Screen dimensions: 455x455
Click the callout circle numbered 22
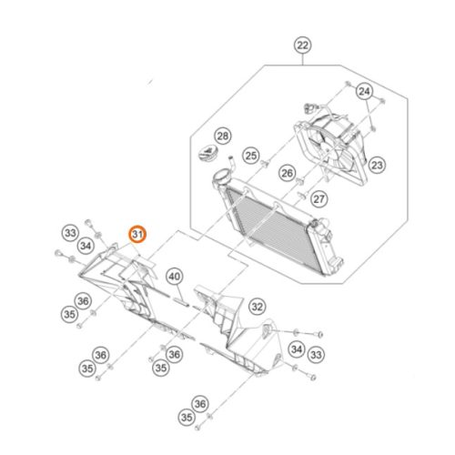click(x=303, y=45)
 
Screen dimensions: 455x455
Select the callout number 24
click(x=364, y=91)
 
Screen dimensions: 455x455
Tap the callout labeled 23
click(x=377, y=166)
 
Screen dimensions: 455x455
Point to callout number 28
click(x=223, y=136)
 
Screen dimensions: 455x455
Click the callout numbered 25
click(x=251, y=156)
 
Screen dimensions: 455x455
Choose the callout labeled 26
click(x=287, y=173)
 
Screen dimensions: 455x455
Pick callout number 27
click(x=318, y=199)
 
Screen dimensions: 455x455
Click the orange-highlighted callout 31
click(x=137, y=235)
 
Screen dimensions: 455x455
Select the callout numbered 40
click(x=175, y=277)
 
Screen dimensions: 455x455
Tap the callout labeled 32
click(x=258, y=307)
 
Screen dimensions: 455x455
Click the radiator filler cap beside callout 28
click(x=207, y=152)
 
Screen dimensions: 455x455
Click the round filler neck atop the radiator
click(x=222, y=177)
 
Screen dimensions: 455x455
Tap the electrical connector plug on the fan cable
click(x=309, y=107)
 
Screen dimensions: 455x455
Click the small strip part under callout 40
click(x=181, y=302)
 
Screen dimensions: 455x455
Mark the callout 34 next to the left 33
click(x=86, y=246)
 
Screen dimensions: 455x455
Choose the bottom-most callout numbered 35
click(x=187, y=418)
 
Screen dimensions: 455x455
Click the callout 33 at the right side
click(x=316, y=355)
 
